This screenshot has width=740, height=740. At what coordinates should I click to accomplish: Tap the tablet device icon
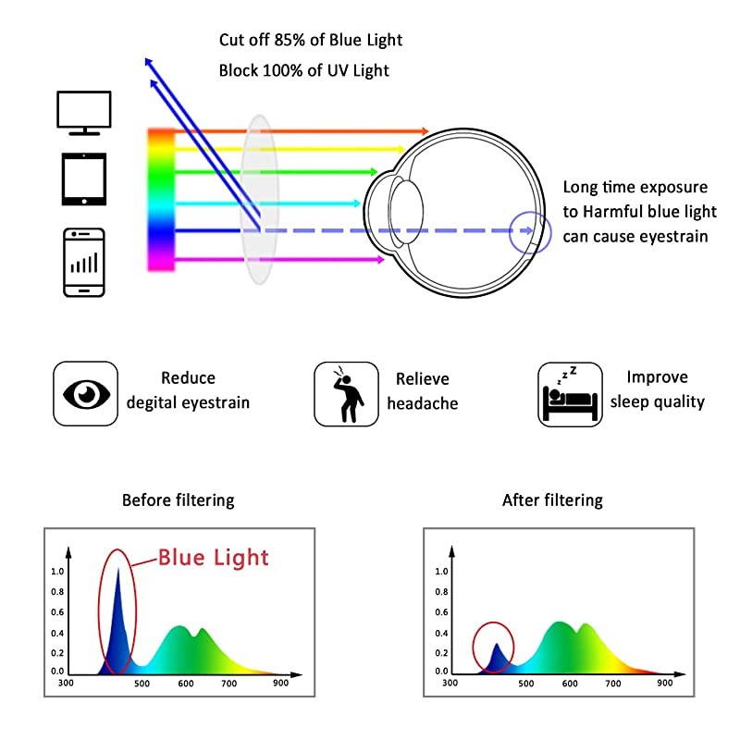tap(84, 179)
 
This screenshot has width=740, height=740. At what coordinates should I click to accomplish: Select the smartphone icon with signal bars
tap(84, 262)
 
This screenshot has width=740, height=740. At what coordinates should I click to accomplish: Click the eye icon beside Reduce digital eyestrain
tap(86, 393)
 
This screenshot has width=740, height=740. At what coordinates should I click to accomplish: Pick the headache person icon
tap(347, 393)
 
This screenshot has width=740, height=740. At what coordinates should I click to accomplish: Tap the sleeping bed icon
tap(571, 393)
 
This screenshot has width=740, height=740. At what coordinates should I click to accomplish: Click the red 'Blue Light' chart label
tap(213, 557)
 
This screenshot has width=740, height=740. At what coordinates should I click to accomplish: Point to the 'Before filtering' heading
tap(178, 500)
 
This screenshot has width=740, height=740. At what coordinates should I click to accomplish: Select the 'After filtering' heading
tap(552, 500)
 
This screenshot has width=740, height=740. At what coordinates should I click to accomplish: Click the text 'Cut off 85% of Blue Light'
tap(311, 40)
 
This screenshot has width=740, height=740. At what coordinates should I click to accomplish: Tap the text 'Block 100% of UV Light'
tap(303, 69)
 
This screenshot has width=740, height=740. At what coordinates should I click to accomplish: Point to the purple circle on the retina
tap(530, 231)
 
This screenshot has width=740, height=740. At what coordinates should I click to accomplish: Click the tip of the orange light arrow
tap(425, 132)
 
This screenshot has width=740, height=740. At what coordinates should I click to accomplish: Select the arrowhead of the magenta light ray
tap(380, 260)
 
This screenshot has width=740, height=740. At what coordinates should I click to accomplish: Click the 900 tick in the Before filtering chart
tap(280, 683)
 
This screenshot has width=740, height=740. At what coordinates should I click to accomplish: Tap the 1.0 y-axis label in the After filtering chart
tap(441, 572)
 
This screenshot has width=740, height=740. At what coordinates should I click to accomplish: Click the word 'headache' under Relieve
tap(423, 403)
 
